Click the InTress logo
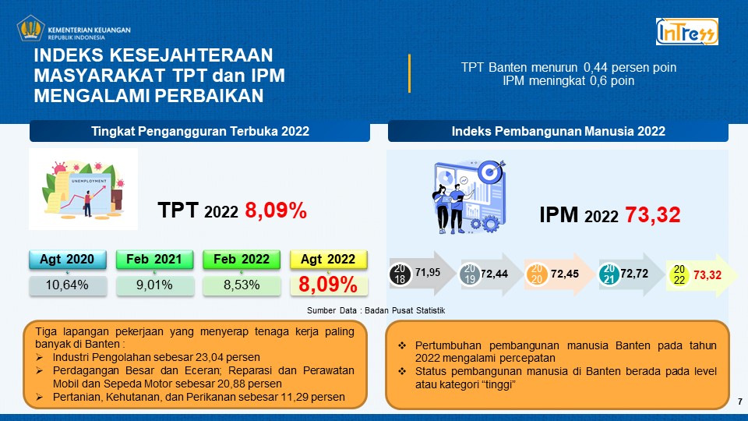coord(687,31)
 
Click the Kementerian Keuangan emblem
coord(30,29)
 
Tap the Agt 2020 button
coord(67,259)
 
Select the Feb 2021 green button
coord(154,259)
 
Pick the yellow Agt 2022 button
coord(329,259)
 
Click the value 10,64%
coord(67,285)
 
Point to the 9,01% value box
coord(155,285)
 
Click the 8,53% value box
coord(242,285)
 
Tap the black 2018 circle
coord(400,274)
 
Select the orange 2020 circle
coord(537,274)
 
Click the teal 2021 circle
coord(609,274)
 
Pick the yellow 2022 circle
coord(679,275)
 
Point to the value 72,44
coord(494,274)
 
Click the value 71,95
coord(428,273)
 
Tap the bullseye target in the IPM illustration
coord(491,172)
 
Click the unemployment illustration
coord(83,189)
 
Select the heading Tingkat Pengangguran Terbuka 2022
coord(200,131)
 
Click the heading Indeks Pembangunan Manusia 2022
coord(559,131)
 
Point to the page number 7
coord(740,402)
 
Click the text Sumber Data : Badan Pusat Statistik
coord(376,310)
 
